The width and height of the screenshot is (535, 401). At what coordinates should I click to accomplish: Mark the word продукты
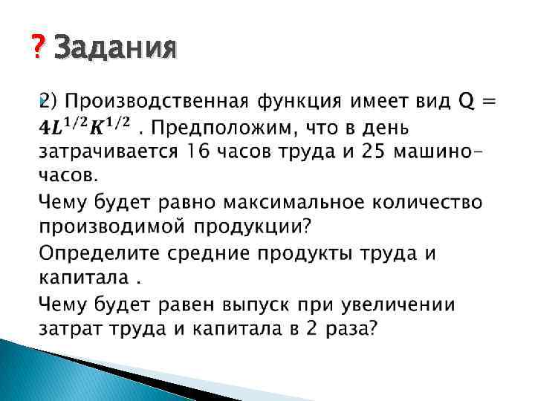point(320,253)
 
